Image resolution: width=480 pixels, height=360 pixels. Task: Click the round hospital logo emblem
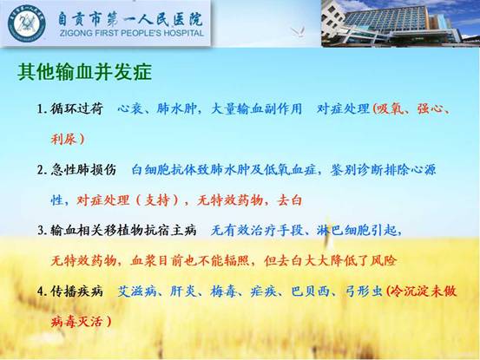27,23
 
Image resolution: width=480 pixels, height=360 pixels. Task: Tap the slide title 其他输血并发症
85,72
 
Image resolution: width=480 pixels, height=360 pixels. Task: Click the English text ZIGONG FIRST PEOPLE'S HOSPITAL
132,33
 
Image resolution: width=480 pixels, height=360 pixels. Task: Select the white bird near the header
298,31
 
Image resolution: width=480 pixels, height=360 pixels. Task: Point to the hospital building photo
400,23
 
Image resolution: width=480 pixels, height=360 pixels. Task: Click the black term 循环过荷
77,108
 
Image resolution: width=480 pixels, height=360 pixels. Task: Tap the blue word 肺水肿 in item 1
176,108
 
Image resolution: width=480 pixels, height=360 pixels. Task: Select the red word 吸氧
391,108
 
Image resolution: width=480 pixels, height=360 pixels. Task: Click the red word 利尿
63,139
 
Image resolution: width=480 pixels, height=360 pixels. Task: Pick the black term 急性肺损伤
83,170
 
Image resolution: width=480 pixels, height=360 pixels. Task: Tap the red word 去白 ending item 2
289,200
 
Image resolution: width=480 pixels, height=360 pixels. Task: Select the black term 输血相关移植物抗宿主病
123,230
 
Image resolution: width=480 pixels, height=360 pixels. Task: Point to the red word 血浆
143,260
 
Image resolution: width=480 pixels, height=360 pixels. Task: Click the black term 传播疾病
77,291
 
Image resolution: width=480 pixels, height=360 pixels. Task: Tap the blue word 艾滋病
137,291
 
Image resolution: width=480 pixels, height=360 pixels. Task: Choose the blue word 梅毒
223,291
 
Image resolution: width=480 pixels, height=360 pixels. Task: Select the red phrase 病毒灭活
77,322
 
